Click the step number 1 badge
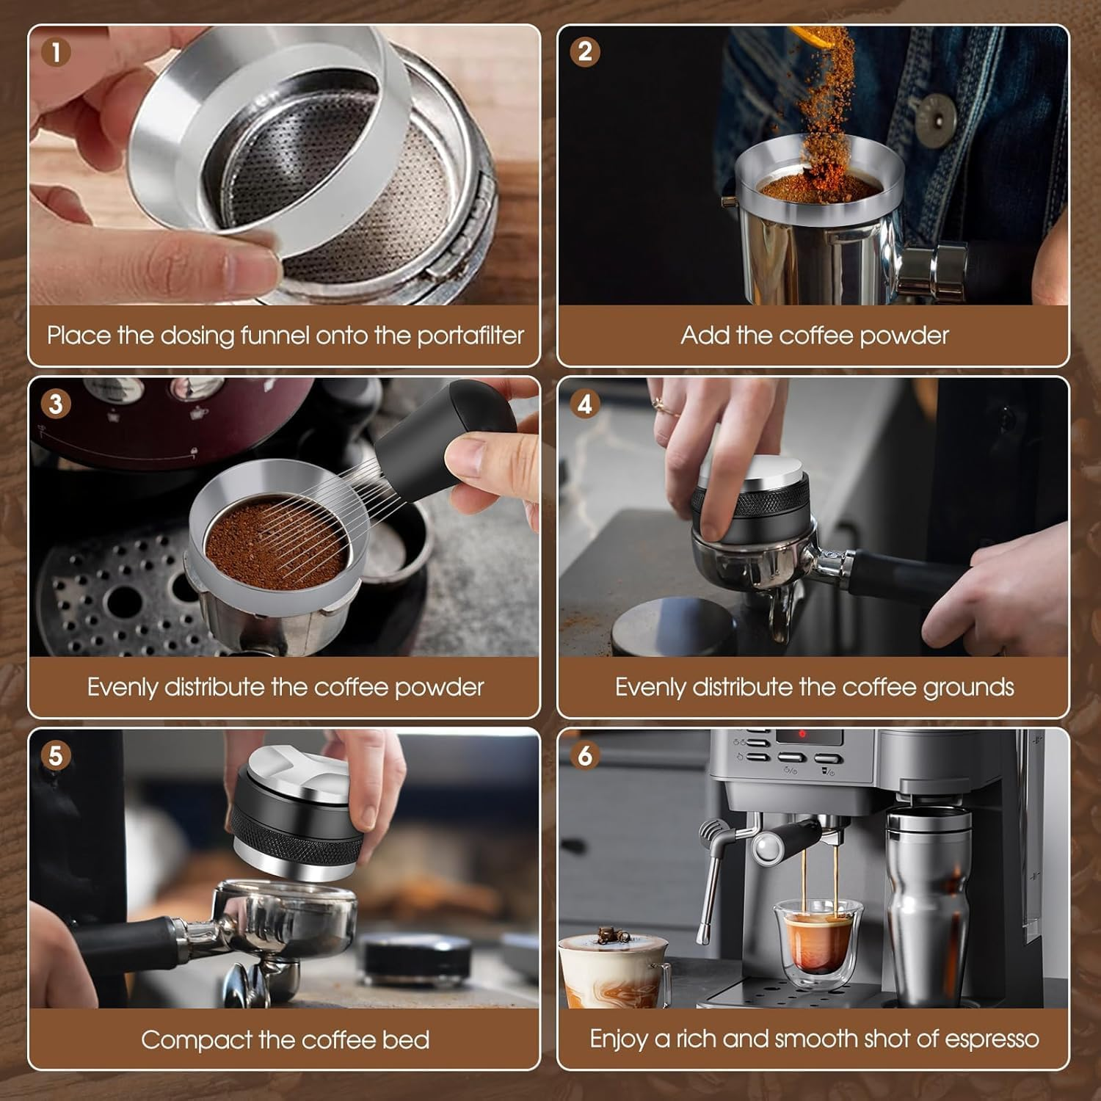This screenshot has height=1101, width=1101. pyautogui.click(x=57, y=52)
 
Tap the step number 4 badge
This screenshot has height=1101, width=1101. pyautogui.click(x=585, y=404)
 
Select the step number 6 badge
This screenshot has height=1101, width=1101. pyautogui.click(x=585, y=755)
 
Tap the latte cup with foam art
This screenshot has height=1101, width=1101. pyautogui.click(x=613, y=969)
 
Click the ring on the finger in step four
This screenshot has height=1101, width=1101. pyautogui.click(x=658, y=402)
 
